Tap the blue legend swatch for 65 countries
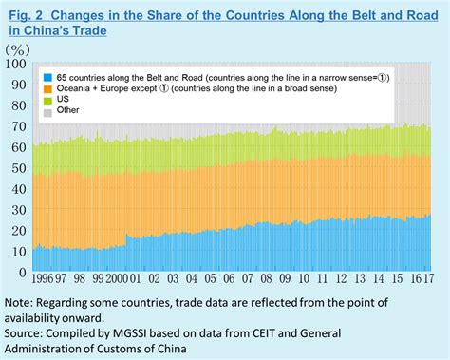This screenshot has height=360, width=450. (47, 74)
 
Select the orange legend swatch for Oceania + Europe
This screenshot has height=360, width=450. (47, 86)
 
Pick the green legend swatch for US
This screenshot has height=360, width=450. (47, 99)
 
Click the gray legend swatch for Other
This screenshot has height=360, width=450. (47, 111)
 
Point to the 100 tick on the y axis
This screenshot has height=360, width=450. (15, 64)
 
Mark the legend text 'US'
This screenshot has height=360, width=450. (66, 99)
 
